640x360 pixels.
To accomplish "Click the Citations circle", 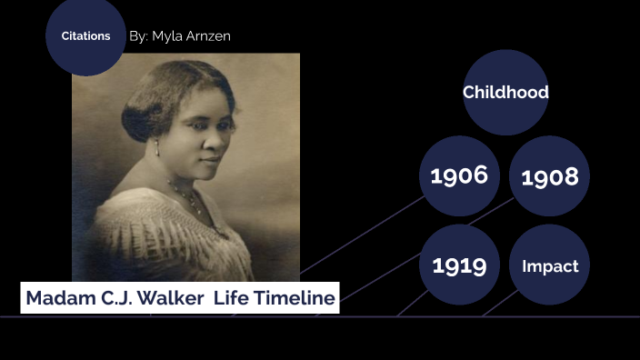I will pos(85,36).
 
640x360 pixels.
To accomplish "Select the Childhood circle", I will pos(505,92).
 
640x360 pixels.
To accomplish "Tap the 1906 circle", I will pos(459,175).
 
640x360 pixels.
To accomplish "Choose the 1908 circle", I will pos(549,176).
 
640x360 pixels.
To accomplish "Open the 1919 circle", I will pos(459,265).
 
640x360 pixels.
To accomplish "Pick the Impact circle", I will pos(549,265).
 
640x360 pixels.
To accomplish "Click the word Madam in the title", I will pos(56,298).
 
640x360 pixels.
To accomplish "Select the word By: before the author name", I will pos(139,36).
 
